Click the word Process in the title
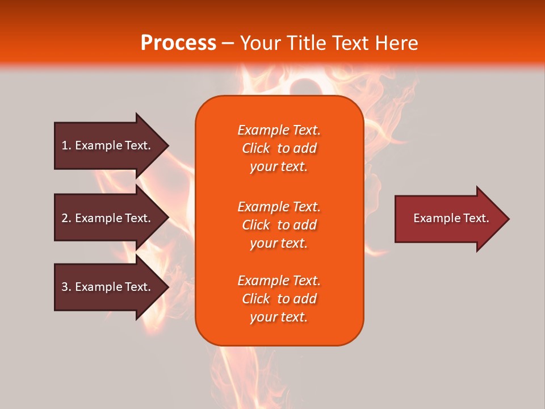pos(178,43)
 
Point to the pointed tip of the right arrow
pos(508,219)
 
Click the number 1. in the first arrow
pos(66,145)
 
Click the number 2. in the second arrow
pos(66,218)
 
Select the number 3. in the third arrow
pos(66,287)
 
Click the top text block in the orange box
pos(279,148)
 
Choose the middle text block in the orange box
pos(279,225)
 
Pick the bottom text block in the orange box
pos(279,299)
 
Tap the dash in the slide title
pos(228,44)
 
